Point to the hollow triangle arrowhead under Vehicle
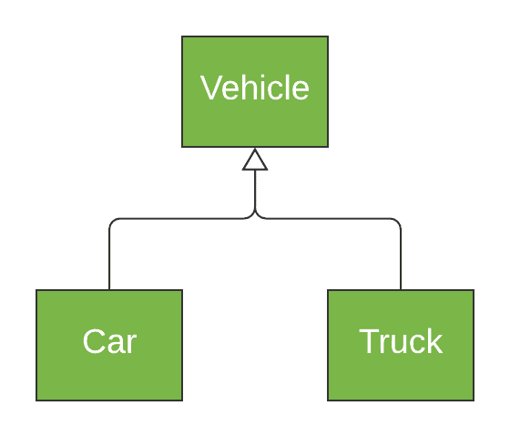(255, 161)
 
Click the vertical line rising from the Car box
(109, 260)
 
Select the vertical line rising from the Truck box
(401, 260)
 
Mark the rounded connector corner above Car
(112, 222)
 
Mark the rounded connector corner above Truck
(398, 222)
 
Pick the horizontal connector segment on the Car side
(182, 219)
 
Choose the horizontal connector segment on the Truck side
(328, 219)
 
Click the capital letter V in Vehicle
(210, 88)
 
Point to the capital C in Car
(93, 341)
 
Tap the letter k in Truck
(434, 341)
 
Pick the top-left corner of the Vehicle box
(182, 36)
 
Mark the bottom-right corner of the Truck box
(474, 401)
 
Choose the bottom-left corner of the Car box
(36, 401)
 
